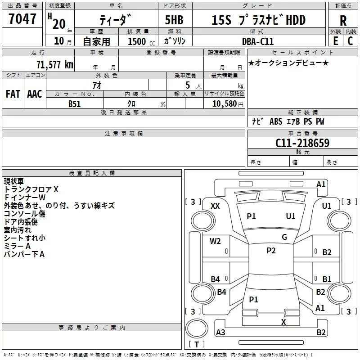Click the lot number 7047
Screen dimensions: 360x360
click(22, 19)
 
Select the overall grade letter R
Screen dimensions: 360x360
click(343, 20)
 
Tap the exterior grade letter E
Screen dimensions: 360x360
click(335, 40)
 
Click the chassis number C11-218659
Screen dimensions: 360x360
click(302, 143)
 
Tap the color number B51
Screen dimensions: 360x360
click(75, 103)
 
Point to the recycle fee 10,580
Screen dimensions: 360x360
click(224, 104)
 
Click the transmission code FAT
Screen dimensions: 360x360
click(13, 94)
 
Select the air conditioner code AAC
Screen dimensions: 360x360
click(35, 94)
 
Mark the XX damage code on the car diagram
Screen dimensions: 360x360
click(216, 206)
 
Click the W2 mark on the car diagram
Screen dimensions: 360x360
click(216, 241)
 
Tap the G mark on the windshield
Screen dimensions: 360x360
click(284, 237)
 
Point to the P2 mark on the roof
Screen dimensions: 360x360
click(271, 251)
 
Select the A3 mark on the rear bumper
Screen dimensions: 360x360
click(220, 333)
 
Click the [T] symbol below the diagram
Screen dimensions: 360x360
click(196, 345)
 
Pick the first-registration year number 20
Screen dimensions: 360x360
click(58, 24)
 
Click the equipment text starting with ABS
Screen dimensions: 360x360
click(275, 121)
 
